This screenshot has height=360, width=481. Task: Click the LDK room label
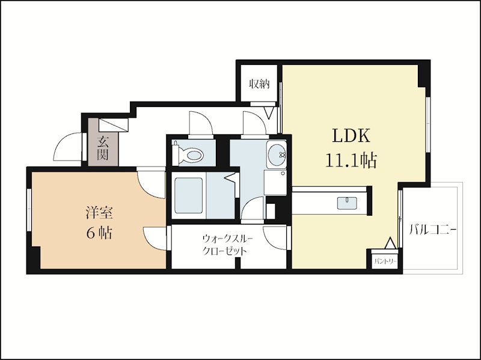coord(352,136)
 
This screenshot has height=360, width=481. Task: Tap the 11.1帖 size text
coord(351,160)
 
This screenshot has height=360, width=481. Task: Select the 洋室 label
coord(99,212)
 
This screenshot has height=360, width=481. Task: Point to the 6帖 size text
coord(99,233)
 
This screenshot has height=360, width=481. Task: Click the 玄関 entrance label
coord(103,148)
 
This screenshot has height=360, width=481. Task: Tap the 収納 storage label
coord(259,84)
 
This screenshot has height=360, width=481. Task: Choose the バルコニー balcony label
coord(433,230)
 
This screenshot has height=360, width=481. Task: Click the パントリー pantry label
coord(385,262)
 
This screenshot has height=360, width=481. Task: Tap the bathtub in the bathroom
coord(189,195)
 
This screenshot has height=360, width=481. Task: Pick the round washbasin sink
coord(277,154)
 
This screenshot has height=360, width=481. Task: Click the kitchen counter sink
coord(347,203)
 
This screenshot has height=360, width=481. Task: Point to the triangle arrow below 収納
coord(269,113)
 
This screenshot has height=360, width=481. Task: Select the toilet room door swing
coord(201,123)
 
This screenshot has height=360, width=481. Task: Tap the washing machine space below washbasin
coord(275,183)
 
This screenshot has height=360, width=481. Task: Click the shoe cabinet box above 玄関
coord(113,125)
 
